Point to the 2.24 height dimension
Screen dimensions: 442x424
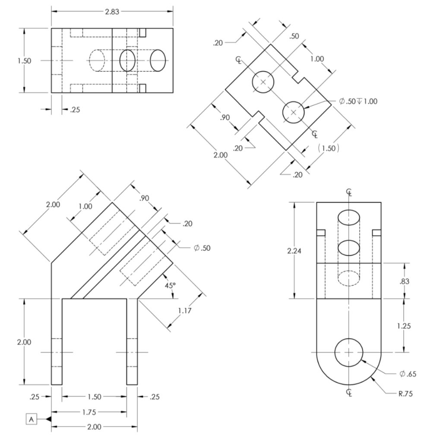point(295,251)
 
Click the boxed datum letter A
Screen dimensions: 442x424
point(32,418)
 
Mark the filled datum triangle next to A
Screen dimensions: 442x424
point(49,418)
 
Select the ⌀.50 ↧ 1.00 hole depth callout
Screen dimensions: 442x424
point(358,101)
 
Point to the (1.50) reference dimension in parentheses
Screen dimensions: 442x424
point(328,148)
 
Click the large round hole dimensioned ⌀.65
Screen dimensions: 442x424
point(348,352)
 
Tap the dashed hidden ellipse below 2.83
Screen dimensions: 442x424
point(100,60)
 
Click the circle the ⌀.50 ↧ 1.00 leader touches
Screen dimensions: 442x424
point(294,112)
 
